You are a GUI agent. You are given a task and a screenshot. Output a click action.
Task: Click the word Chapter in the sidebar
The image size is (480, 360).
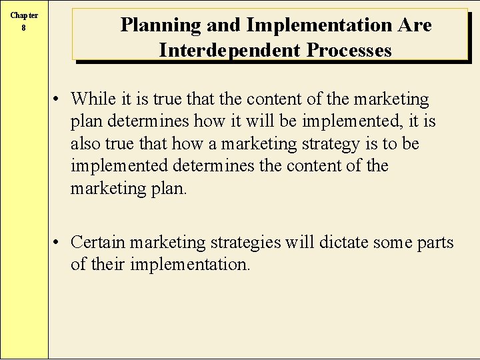pyautogui.click(x=24, y=16)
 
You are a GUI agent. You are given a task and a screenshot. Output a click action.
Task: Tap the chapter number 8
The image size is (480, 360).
pyautogui.click(x=24, y=28)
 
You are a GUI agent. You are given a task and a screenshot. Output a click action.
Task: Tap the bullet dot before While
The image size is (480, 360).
pyautogui.click(x=59, y=99)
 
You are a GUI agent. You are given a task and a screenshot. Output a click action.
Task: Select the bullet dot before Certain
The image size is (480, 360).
pyautogui.click(x=59, y=242)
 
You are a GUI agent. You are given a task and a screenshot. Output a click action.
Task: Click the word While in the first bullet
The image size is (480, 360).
pyautogui.click(x=93, y=99)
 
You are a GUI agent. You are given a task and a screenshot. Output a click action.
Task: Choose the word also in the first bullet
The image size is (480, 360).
pyautogui.click(x=85, y=143)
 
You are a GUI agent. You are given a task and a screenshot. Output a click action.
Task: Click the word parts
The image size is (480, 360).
pyautogui.click(x=437, y=243)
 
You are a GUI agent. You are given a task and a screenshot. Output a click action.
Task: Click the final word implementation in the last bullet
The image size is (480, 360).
pyautogui.click(x=190, y=265)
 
